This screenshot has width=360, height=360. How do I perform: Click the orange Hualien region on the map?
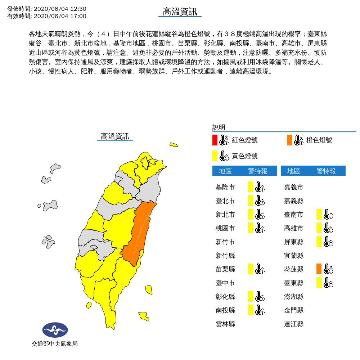(139, 234)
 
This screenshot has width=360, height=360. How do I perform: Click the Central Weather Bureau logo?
(55, 329)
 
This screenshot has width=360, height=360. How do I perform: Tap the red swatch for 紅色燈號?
(215, 140)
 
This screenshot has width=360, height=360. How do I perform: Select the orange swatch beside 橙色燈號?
(289, 140)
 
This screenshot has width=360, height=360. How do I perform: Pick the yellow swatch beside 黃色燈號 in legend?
(215, 156)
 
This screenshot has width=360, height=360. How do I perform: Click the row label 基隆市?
(225, 187)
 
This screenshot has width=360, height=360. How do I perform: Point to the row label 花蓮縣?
(294, 269)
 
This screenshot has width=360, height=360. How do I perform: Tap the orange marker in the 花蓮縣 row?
(319, 269)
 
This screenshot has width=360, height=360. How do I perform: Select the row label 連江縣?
(294, 324)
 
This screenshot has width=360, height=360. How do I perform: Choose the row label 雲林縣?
(225, 324)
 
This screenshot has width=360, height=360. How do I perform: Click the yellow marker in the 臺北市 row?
(251, 201)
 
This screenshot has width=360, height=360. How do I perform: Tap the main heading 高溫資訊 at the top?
(180, 12)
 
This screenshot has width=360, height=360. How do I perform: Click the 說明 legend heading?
(219, 127)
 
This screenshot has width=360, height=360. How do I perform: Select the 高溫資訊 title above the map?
(115, 136)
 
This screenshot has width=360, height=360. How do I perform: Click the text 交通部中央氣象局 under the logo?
(54, 344)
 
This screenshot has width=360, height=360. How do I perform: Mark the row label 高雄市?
(294, 228)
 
